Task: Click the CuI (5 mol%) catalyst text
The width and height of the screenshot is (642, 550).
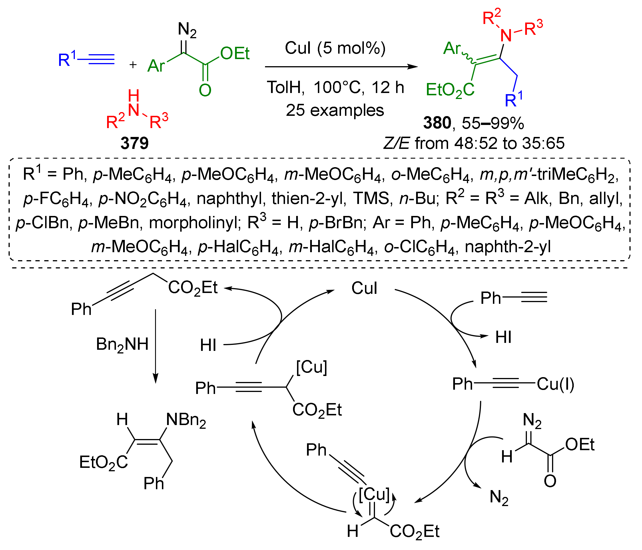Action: coord(335,48)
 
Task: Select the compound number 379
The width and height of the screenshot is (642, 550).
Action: coord(135,143)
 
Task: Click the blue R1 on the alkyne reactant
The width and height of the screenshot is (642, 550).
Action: coord(66,59)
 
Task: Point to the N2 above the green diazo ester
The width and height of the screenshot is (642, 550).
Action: coord(187,30)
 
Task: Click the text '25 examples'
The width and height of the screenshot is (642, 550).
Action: coord(335,110)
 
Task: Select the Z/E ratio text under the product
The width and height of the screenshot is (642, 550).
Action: coord(474,143)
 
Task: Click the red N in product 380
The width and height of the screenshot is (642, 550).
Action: coord(506,36)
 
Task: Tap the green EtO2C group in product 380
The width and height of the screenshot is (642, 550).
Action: coord(450,90)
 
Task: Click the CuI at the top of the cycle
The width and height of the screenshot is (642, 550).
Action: coord(364,288)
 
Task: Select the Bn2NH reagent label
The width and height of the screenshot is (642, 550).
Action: coord(123,345)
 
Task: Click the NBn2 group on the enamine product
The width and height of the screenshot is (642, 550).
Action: coord(186,420)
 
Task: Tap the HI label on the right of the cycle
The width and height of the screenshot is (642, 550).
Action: coord(503,337)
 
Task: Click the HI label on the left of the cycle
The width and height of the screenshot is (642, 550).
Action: coord(208,345)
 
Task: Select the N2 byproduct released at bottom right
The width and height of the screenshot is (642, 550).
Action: coord(499,498)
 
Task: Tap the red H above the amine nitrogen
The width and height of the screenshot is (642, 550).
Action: coord(134,96)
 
